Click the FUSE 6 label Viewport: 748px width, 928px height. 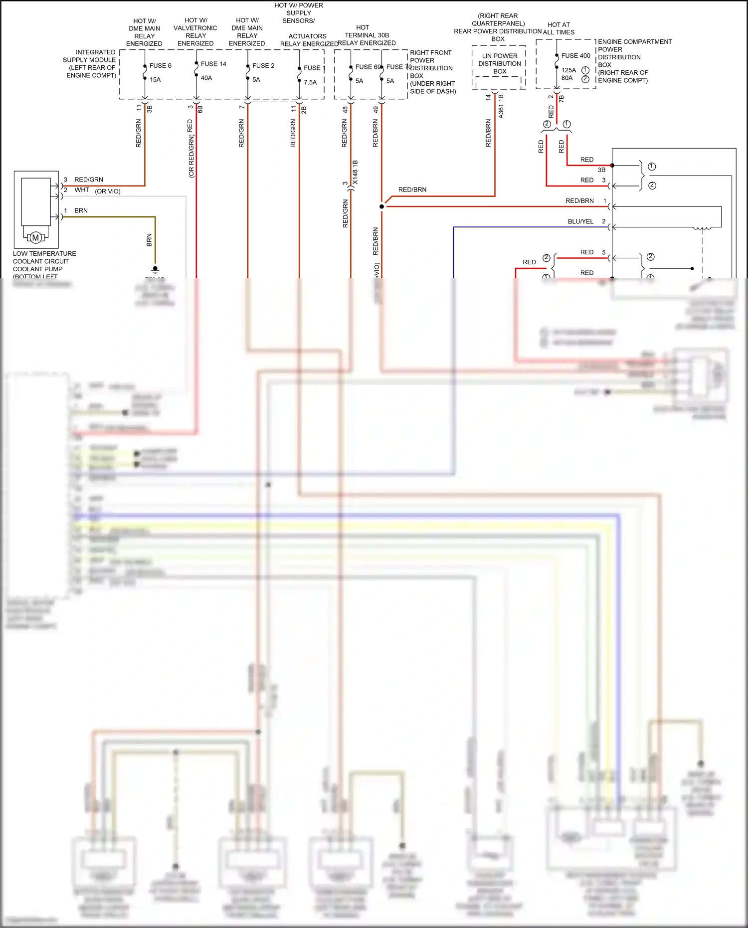[160, 65]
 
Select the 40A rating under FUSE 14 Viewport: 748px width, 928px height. [206, 78]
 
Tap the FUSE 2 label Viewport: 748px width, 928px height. [263, 65]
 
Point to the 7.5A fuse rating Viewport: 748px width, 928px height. [310, 82]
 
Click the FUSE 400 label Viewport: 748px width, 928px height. [575, 56]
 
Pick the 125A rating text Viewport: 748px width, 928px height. [568, 70]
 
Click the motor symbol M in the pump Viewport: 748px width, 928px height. [35, 238]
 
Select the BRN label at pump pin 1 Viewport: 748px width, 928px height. [81, 210]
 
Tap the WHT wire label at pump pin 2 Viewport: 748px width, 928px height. [82, 190]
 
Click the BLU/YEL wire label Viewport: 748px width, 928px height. [580, 221]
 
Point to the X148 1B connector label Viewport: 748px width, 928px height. [355, 173]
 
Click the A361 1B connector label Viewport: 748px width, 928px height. [501, 106]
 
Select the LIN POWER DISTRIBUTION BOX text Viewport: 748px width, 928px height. [499, 63]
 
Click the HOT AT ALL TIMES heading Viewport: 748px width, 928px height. [559, 28]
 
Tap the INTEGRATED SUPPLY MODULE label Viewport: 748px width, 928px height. [90, 63]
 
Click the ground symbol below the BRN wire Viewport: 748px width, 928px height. [155, 270]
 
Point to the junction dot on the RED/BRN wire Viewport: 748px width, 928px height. [382, 206]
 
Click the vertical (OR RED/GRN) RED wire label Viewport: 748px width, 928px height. [190, 148]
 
